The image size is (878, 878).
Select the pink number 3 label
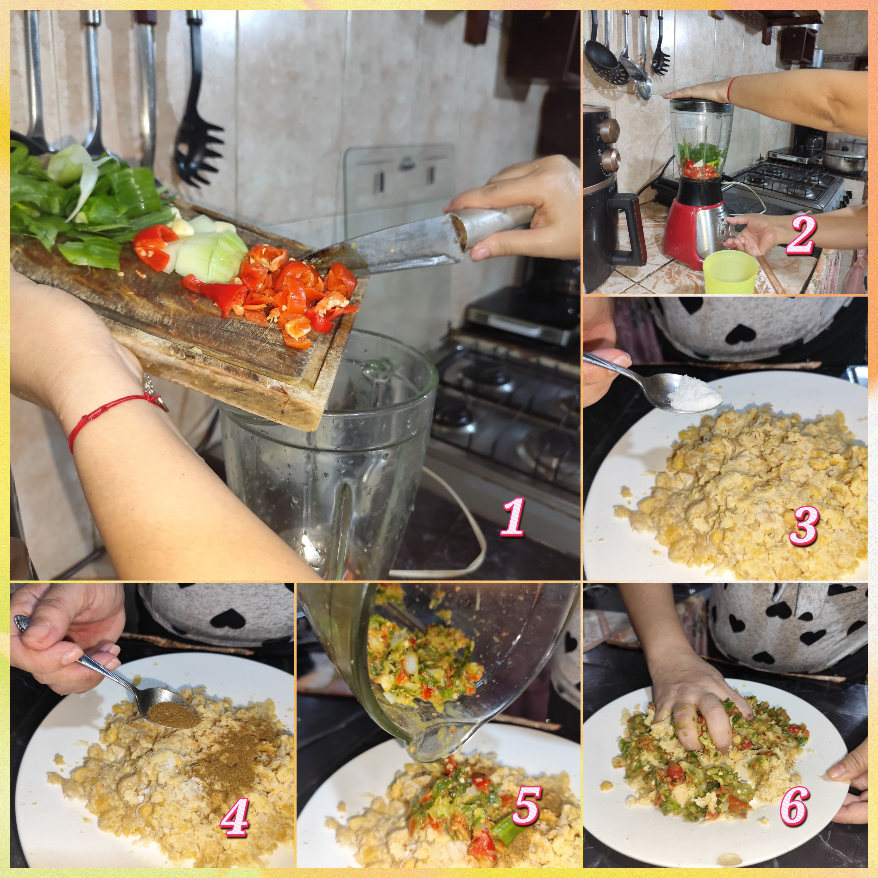[x=804, y=525]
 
